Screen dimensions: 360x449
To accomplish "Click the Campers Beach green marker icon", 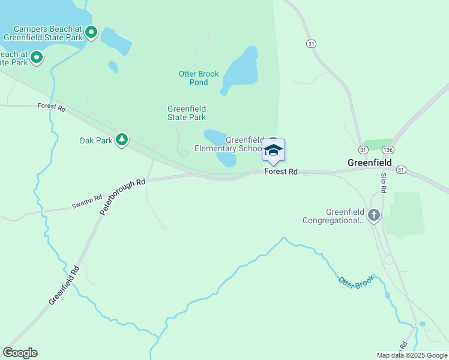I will pos(91,32).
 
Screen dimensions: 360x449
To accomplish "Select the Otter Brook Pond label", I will pos(199,78).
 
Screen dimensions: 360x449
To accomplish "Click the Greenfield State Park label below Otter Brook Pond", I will pos(187,113).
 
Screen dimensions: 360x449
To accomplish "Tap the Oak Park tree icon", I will pos(122,140).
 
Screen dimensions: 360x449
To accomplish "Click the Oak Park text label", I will pos(96,140).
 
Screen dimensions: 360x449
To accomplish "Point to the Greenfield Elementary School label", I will pos(229,144).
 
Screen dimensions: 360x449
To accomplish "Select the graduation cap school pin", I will pos(273,151).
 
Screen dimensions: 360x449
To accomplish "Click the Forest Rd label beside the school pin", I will pos(282,172).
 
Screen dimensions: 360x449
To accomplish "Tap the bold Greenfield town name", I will pos(370,163).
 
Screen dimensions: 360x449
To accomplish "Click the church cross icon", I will pos(374,215).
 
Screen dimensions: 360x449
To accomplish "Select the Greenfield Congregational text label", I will pos(345,216).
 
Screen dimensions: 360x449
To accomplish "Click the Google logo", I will pos(20,353).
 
